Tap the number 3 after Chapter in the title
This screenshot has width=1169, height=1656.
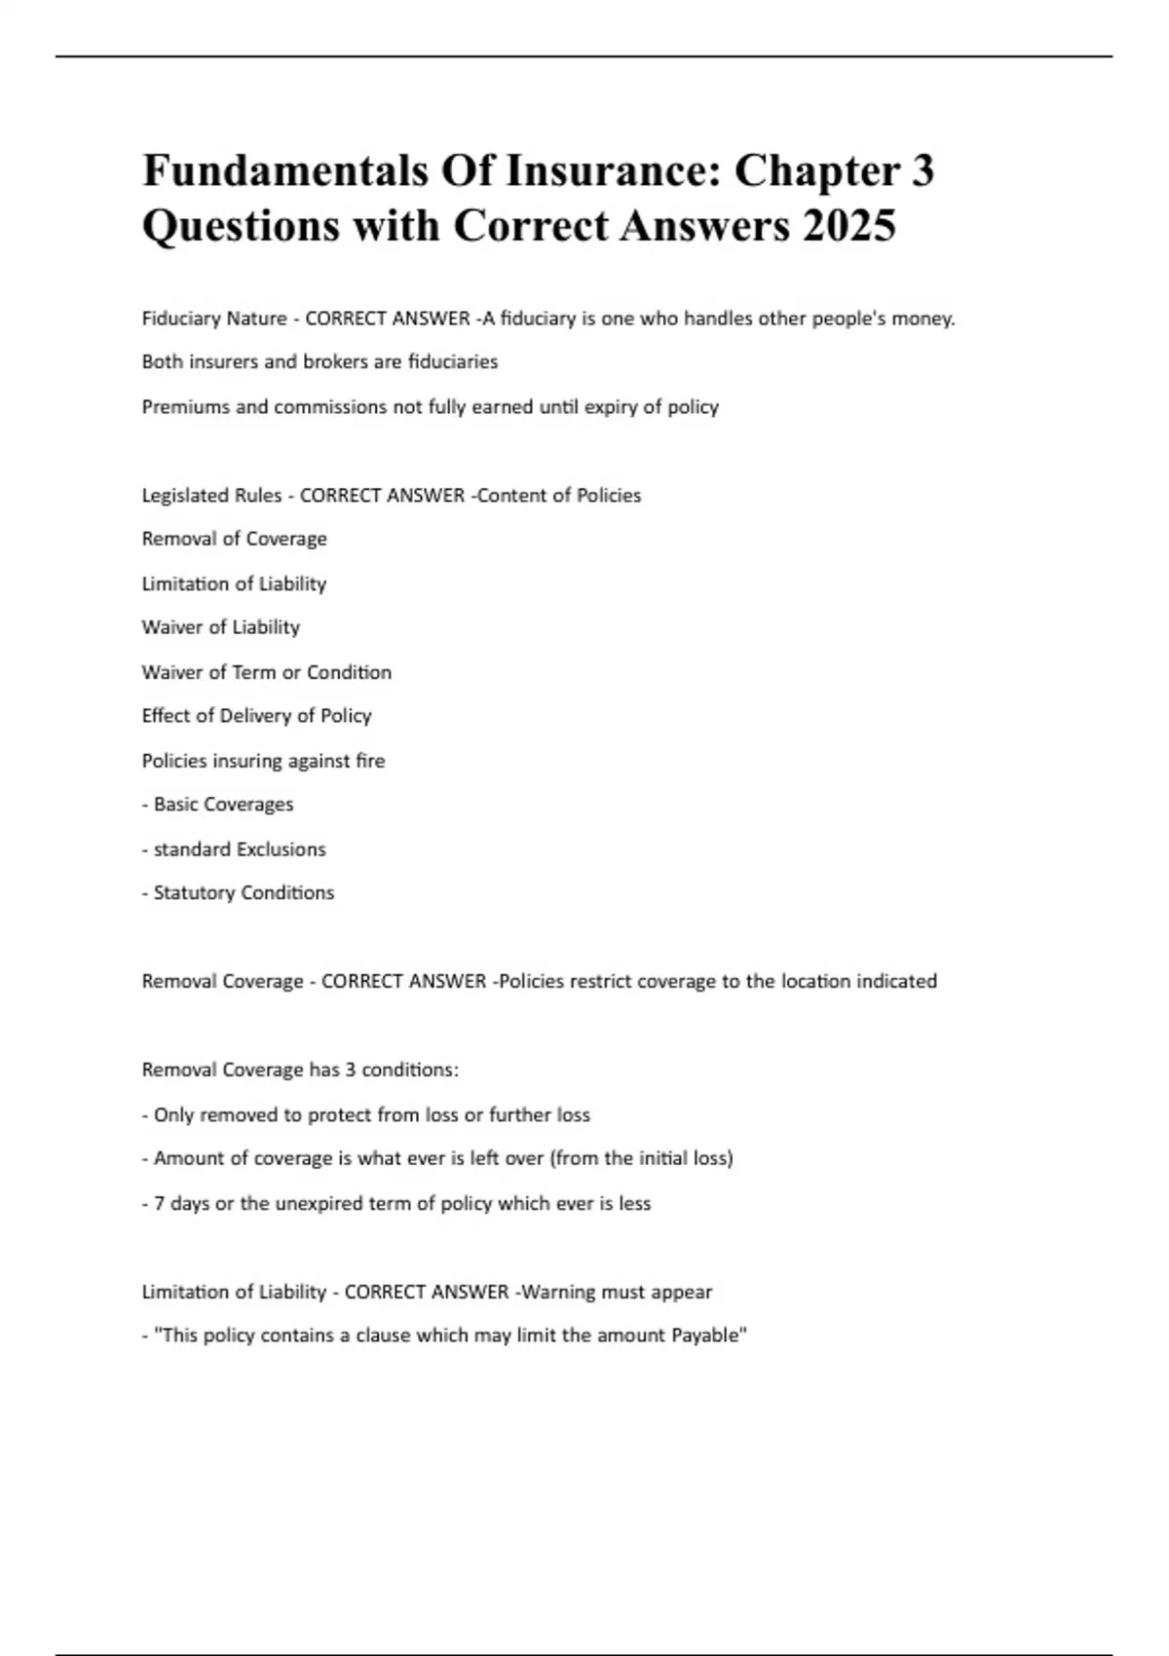pos(922,170)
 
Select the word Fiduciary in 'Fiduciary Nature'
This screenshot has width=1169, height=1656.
pos(181,319)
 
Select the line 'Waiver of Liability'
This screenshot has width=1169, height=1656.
pos(221,627)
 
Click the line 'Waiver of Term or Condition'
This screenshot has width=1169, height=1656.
pos(267,672)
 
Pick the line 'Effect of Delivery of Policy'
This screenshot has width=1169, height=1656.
pos(257,716)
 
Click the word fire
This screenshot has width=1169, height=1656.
pos(370,761)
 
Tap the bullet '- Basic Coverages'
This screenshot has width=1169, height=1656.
pos(218,805)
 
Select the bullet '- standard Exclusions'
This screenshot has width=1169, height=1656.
pos(234,849)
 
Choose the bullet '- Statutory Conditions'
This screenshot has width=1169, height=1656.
pos(239,893)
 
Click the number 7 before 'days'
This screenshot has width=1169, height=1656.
pos(159,1203)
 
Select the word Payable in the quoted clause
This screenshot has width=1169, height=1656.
pos(709,1336)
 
